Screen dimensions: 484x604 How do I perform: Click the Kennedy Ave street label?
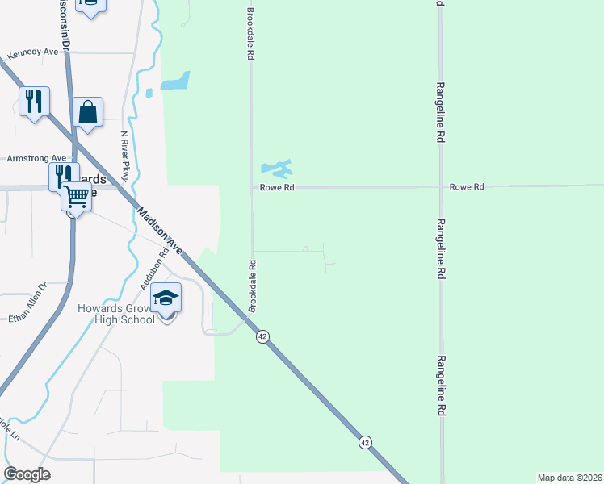[x=33, y=53]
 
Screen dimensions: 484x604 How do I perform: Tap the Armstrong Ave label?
[x=36, y=158]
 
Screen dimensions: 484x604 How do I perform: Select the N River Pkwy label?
[x=125, y=155]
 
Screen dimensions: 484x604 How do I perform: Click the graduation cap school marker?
[x=166, y=298]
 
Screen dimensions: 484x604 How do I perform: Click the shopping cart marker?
[x=77, y=195]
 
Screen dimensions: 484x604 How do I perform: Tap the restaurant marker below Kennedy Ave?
[x=34, y=102]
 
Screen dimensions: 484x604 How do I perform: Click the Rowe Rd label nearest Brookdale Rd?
[x=276, y=187]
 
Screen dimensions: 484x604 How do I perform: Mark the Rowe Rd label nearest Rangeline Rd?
[x=467, y=187]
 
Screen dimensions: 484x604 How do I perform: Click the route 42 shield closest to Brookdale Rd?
[x=262, y=336]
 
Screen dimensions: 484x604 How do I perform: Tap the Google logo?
[x=27, y=474]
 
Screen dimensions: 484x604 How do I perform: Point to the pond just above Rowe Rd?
[x=275, y=169]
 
